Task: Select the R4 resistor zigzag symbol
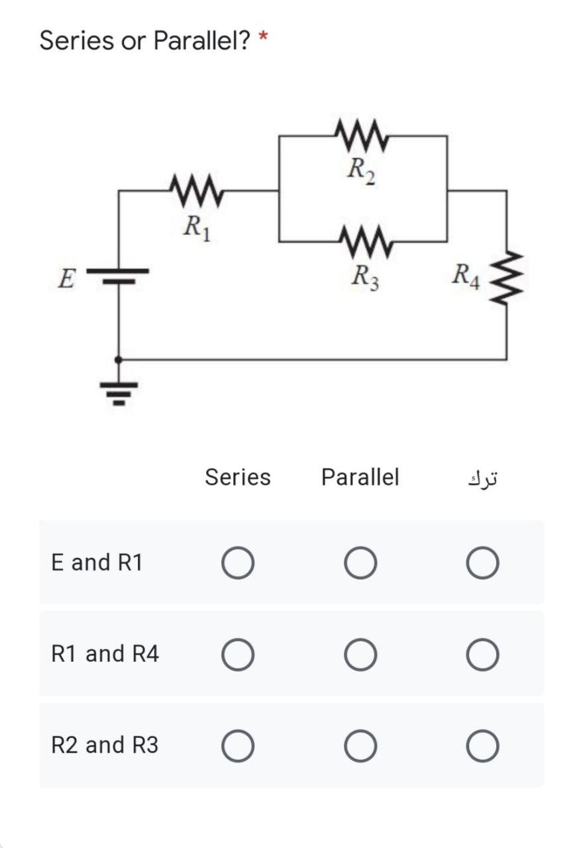tap(507, 276)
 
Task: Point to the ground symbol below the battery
tap(119, 391)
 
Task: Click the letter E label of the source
tap(65, 279)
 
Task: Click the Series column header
tap(237, 477)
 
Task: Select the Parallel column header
tap(360, 477)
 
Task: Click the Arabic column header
tap(482, 478)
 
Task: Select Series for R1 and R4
tap(238, 655)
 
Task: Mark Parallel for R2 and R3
tap(360, 746)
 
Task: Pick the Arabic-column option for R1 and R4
tap(482, 655)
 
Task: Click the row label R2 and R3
tap(105, 745)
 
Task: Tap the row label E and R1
tap(97, 562)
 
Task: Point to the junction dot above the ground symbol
tap(119, 360)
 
